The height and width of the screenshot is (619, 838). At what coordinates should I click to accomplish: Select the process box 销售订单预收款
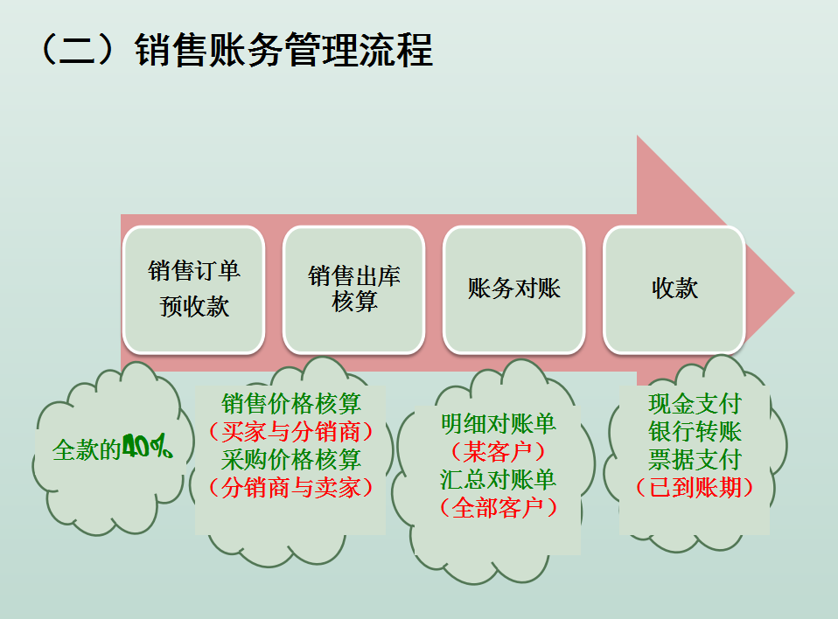(193, 289)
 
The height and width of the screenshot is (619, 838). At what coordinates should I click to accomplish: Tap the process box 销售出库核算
(354, 289)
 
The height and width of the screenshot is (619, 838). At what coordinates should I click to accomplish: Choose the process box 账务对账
(514, 289)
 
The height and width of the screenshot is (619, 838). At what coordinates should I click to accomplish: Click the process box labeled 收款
(674, 289)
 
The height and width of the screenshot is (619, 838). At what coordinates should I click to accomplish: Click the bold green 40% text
(147, 449)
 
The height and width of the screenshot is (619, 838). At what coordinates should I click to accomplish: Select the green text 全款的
(86, 450)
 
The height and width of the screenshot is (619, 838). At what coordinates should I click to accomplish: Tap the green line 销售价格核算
(291, 404)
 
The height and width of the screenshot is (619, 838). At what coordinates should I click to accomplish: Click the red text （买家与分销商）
(291, 431)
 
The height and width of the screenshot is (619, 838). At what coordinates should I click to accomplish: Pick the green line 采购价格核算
(291, 459)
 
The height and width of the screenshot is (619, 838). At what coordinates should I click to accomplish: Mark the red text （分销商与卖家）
(291, 487)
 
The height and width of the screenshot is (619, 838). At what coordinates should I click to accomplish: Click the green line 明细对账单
(499, 424)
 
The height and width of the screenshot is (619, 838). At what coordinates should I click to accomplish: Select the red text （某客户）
(499, 451)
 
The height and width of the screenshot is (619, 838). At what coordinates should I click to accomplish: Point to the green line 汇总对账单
(499, 479)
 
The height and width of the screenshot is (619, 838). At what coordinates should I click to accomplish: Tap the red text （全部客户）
(499, 507)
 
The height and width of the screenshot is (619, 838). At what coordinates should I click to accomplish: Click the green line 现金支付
(695, 404)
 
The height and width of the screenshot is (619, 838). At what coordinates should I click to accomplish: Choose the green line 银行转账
(695, 431)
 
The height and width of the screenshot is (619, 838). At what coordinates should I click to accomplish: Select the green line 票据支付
(695, 459)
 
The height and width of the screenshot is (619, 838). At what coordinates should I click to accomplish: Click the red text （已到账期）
(695, 487)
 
